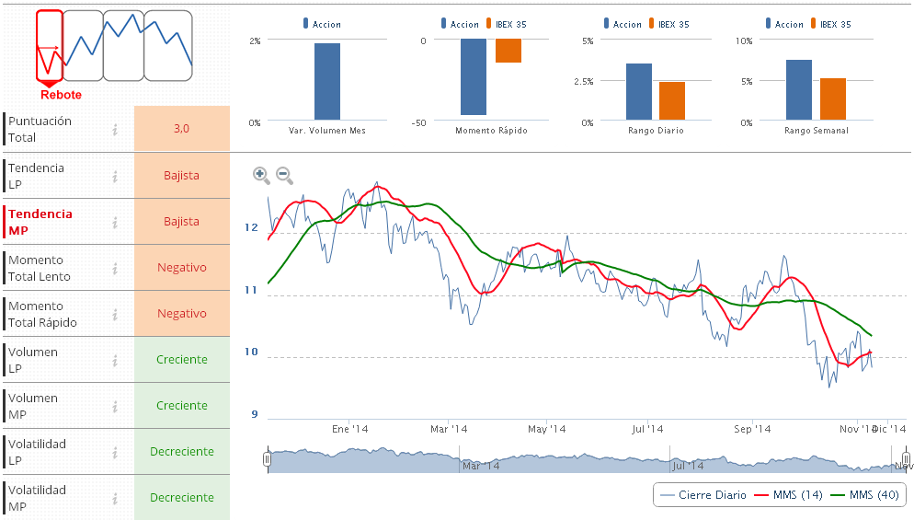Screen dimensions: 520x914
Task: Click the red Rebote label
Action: [x=61, y=95]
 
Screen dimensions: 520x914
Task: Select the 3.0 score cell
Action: [x=181, y=129]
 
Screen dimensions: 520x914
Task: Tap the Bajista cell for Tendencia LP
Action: [x=181, y=175]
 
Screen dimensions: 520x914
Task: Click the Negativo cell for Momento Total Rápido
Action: [x=181, y=313]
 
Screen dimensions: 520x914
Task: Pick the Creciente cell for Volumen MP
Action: [x=181, y=405]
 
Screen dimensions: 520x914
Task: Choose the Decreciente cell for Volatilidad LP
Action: [x=181, y=451]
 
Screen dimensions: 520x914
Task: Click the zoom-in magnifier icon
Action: [x=261, y=174]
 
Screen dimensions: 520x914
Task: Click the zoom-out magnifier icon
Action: [x=284, y=174]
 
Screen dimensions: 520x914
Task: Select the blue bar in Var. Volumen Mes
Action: [x=327, y=82]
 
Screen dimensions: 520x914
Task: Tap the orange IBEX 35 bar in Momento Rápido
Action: [x=508, y=51]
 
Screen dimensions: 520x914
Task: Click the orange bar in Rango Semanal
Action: [x=833, y=99]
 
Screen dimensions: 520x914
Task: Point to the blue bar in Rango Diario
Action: [x=639, y=92]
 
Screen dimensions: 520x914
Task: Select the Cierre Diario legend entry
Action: [x=703, y=495]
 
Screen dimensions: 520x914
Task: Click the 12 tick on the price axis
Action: [x=252, y=226]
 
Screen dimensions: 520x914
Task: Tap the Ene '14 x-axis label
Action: [x=349, y=429]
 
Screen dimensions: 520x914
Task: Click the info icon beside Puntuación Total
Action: [x=115, y=130]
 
